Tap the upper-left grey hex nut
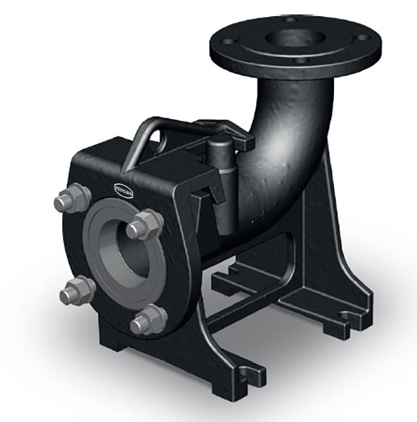[72, 198]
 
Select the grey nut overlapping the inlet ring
[144, 225]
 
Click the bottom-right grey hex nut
[149, 320]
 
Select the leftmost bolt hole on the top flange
[226, 41]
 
